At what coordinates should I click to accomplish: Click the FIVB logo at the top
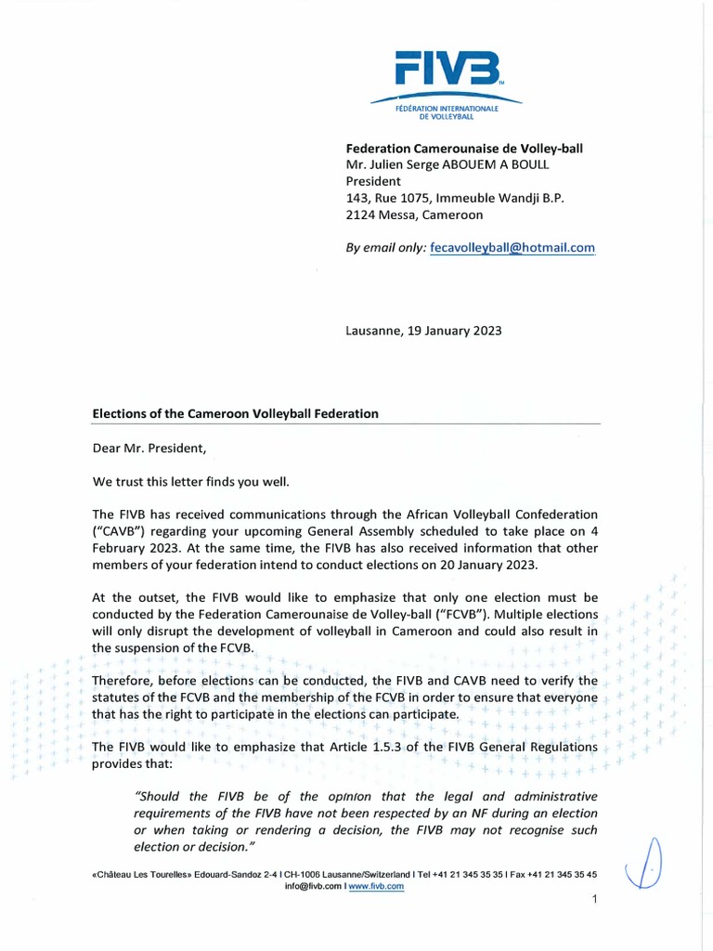click(447, 68)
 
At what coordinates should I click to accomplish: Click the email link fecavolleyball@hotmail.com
click(513, 248)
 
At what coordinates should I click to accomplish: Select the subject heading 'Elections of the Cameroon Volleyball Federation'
click(235, 413)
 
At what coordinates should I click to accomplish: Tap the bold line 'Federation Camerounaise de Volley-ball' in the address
click(464, 148)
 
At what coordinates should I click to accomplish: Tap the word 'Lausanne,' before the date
click(373, 331)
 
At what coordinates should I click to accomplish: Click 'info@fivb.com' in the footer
click(313, 886)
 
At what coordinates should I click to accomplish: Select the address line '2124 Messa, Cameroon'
click(414, 215)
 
